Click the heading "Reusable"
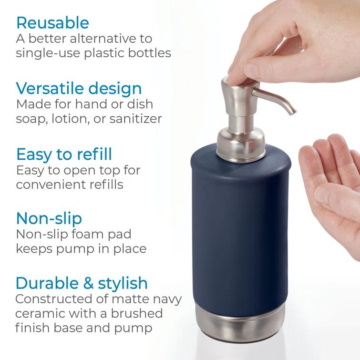[x=52, y=22]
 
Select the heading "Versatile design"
[x=79, y=88]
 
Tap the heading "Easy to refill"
[x=64, y=154]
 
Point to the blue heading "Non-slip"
[x=49, y=218]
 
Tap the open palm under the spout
[x=329, y=181]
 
